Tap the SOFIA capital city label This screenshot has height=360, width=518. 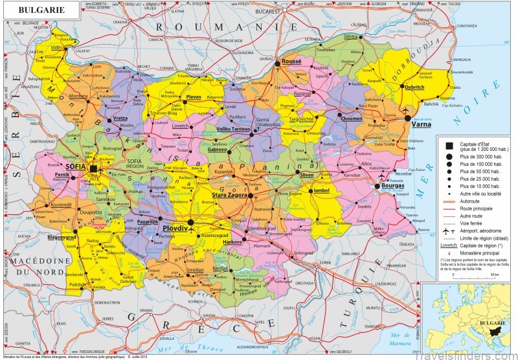75,167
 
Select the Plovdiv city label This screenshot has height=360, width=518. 175,229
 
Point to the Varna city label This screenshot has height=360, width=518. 422,124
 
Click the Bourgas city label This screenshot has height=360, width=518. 392,185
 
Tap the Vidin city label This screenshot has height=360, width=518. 57,48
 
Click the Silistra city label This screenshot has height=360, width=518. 352,38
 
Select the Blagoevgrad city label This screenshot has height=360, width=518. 67,237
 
